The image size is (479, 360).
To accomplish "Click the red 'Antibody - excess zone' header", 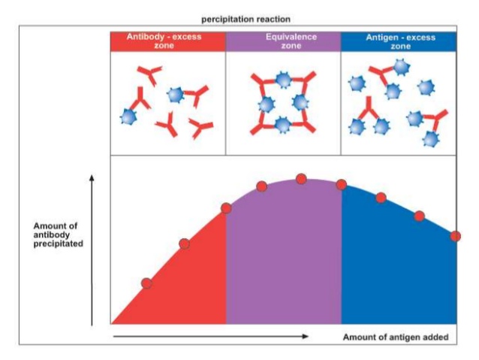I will [168, 42].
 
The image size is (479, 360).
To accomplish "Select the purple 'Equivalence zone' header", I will [283, 42].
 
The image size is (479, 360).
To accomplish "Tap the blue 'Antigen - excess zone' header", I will [399, 42].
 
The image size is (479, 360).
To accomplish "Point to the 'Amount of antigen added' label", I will [396, 337].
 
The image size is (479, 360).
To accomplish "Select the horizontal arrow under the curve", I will [210, 337].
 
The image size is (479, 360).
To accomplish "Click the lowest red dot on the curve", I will [146, 283].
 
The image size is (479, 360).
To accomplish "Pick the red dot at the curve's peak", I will [301, 179].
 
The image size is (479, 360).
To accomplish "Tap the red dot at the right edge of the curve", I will [455, 236].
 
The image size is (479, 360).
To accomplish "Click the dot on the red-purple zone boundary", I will [226, 208].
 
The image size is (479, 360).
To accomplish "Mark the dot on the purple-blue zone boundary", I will [341, 184].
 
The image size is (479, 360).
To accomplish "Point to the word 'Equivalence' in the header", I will [283, 38].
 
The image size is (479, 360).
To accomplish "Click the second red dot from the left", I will [184, 244].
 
